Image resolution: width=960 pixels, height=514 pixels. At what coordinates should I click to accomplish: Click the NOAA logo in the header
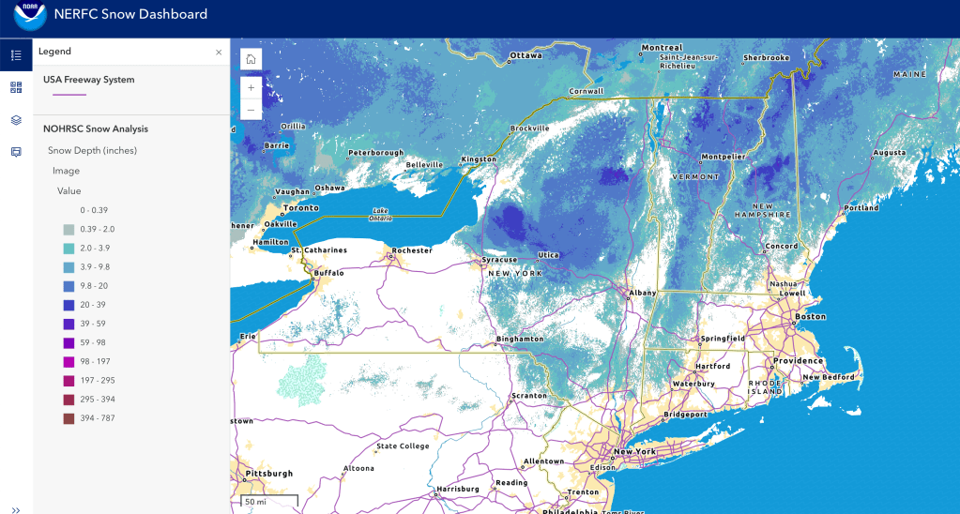tap(29, 16)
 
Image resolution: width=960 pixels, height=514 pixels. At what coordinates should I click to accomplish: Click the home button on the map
tap(251, 59)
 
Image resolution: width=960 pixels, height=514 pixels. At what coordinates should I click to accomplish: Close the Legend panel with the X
tap(219, 53)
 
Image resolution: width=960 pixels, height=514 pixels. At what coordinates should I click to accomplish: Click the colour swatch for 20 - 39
tap(69, 304)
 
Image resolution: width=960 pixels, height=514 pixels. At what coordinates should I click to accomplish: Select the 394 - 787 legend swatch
tap(69, 418)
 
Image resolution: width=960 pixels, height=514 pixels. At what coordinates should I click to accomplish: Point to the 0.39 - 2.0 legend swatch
tap(69, 229)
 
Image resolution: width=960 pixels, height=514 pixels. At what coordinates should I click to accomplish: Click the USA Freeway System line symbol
tap(69, 95)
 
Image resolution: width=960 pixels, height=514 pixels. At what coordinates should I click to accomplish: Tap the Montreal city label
tap(662, 48)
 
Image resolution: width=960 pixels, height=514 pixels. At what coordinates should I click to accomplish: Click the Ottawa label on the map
tap(526, 55)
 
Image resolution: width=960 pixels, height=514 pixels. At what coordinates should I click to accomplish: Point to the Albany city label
tap(643, 293)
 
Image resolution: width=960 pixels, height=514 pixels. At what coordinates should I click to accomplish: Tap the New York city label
tap(634, 451)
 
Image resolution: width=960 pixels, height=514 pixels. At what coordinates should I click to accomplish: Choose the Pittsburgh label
tap(266, 474)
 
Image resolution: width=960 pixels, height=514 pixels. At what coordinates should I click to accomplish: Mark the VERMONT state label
tap(695, 176)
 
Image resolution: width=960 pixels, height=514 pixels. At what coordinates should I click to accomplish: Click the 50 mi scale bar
tap(268, 502)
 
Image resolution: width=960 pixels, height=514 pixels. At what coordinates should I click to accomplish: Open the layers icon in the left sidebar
tap(16, 120)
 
